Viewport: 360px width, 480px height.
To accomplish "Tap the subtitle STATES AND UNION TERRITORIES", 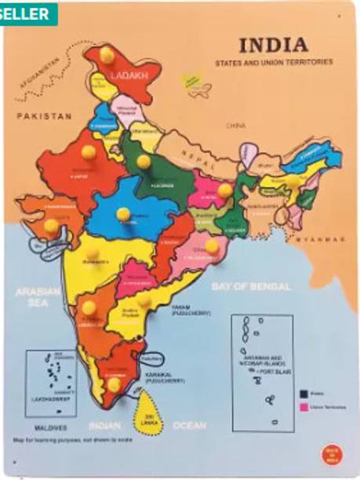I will [x=274, y=61].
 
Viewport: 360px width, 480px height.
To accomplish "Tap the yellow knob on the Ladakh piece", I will [x=106, y=54].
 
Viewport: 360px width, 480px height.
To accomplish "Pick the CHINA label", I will [x=236, y=125].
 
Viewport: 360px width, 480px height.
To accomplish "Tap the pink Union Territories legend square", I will [x=302, y=408].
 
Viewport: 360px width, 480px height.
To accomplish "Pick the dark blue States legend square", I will [x=302, y=393].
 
